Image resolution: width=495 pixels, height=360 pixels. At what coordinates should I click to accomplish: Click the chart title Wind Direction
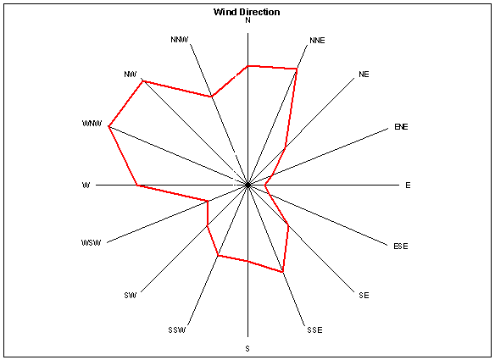[x=247, y=12]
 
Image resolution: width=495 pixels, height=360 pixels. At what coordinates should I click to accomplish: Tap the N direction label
[x=247, y=20]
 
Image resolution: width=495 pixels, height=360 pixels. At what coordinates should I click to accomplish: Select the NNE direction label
[x=317, y=41]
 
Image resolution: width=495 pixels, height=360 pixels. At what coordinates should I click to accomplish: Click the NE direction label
[x=364, y=75]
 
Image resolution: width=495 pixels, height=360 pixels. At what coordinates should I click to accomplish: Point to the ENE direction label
[x=401, y=126]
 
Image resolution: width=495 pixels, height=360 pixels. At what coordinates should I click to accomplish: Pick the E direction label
[x=408, y=186]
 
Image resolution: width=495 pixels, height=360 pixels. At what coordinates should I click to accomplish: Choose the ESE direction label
[x=401, y=246]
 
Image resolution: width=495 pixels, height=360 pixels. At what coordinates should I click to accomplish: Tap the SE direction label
[x=364, y=296]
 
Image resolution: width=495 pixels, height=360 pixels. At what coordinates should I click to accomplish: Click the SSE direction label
[x=314, y=330]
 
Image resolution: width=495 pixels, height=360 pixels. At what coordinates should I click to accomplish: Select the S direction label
[x=247, y=349]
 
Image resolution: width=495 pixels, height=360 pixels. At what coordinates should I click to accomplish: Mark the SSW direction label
[x=177, y=330]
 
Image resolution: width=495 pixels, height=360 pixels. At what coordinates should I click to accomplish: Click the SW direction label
[x=131, y=296]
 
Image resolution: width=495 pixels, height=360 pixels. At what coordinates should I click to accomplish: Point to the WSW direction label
[x=92, y=242]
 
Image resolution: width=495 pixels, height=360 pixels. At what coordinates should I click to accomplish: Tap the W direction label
[x=86, y=186]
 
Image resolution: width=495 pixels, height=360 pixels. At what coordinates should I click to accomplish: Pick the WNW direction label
[x=92, y=123]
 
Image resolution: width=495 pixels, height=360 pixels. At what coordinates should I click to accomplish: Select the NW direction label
[x=131, y=75]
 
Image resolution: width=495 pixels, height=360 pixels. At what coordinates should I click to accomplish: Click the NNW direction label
[x=180, y=40]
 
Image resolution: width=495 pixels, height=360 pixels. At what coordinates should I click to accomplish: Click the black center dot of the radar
[x=247, y=185]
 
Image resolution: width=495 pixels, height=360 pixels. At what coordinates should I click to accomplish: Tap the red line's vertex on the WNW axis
[x=108, y=126]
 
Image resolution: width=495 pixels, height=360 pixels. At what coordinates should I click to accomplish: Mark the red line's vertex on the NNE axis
[x=297, y=69]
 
